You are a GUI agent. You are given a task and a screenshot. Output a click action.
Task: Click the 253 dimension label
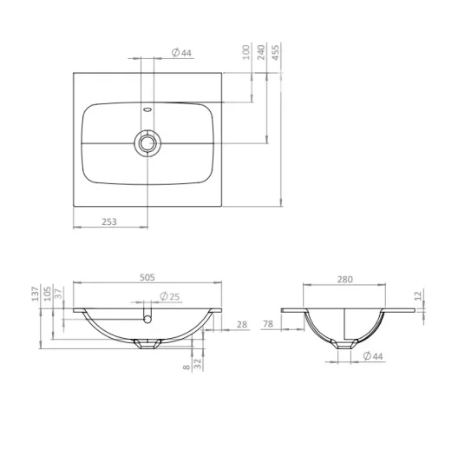tap(109, 222)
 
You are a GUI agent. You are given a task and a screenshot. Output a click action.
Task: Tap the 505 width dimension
tap(147, 277)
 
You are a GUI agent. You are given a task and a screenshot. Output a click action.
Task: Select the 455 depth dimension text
tap(276, 52)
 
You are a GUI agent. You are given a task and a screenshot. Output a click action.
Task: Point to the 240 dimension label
tap(261, 52)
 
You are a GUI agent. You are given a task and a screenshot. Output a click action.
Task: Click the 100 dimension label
tap(246, 52)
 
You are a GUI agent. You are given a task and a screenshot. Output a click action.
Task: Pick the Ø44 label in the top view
tap(181, 53)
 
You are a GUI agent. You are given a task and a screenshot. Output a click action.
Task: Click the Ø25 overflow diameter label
tap(170, 296)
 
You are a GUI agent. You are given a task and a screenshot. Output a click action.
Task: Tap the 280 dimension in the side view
tap(345, 280)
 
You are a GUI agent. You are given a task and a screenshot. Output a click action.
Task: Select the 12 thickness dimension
tap(419, 295)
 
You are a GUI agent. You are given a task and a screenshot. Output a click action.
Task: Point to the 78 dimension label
tap(268, 324)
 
